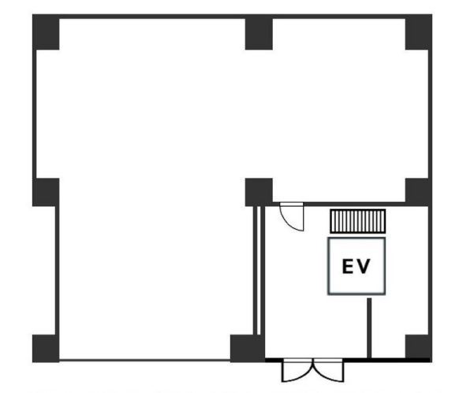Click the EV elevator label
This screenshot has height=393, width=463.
356,266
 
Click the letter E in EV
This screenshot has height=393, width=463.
348,266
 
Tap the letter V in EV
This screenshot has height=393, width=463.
364,266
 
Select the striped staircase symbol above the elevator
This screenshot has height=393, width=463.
357,221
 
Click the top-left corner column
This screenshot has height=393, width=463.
46,32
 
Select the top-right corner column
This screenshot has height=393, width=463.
418,32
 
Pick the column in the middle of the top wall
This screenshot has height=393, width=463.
259,32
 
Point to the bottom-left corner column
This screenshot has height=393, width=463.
46,348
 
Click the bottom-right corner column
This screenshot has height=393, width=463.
418,348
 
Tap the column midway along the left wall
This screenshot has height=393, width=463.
46,192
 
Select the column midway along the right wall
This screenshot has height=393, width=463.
418,192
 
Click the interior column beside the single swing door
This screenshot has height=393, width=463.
259,192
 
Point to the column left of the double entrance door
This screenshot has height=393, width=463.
248,348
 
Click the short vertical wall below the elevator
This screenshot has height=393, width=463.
369,328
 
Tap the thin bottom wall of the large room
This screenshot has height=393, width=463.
144,360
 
